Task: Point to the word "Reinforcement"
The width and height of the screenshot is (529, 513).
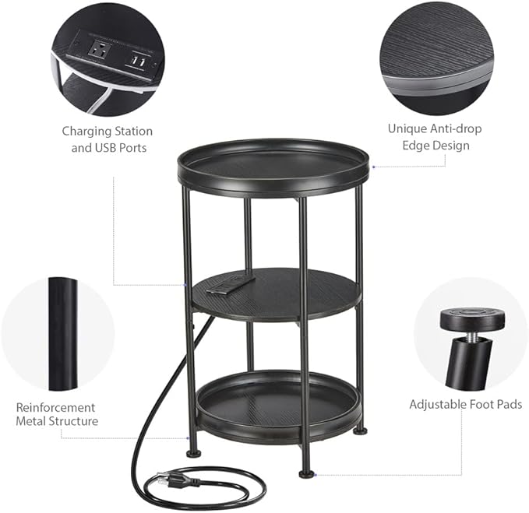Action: pos(56,407)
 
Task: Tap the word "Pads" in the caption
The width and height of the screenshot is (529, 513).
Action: pos(507,404)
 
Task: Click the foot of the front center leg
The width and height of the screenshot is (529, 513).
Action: pos(306,472)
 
